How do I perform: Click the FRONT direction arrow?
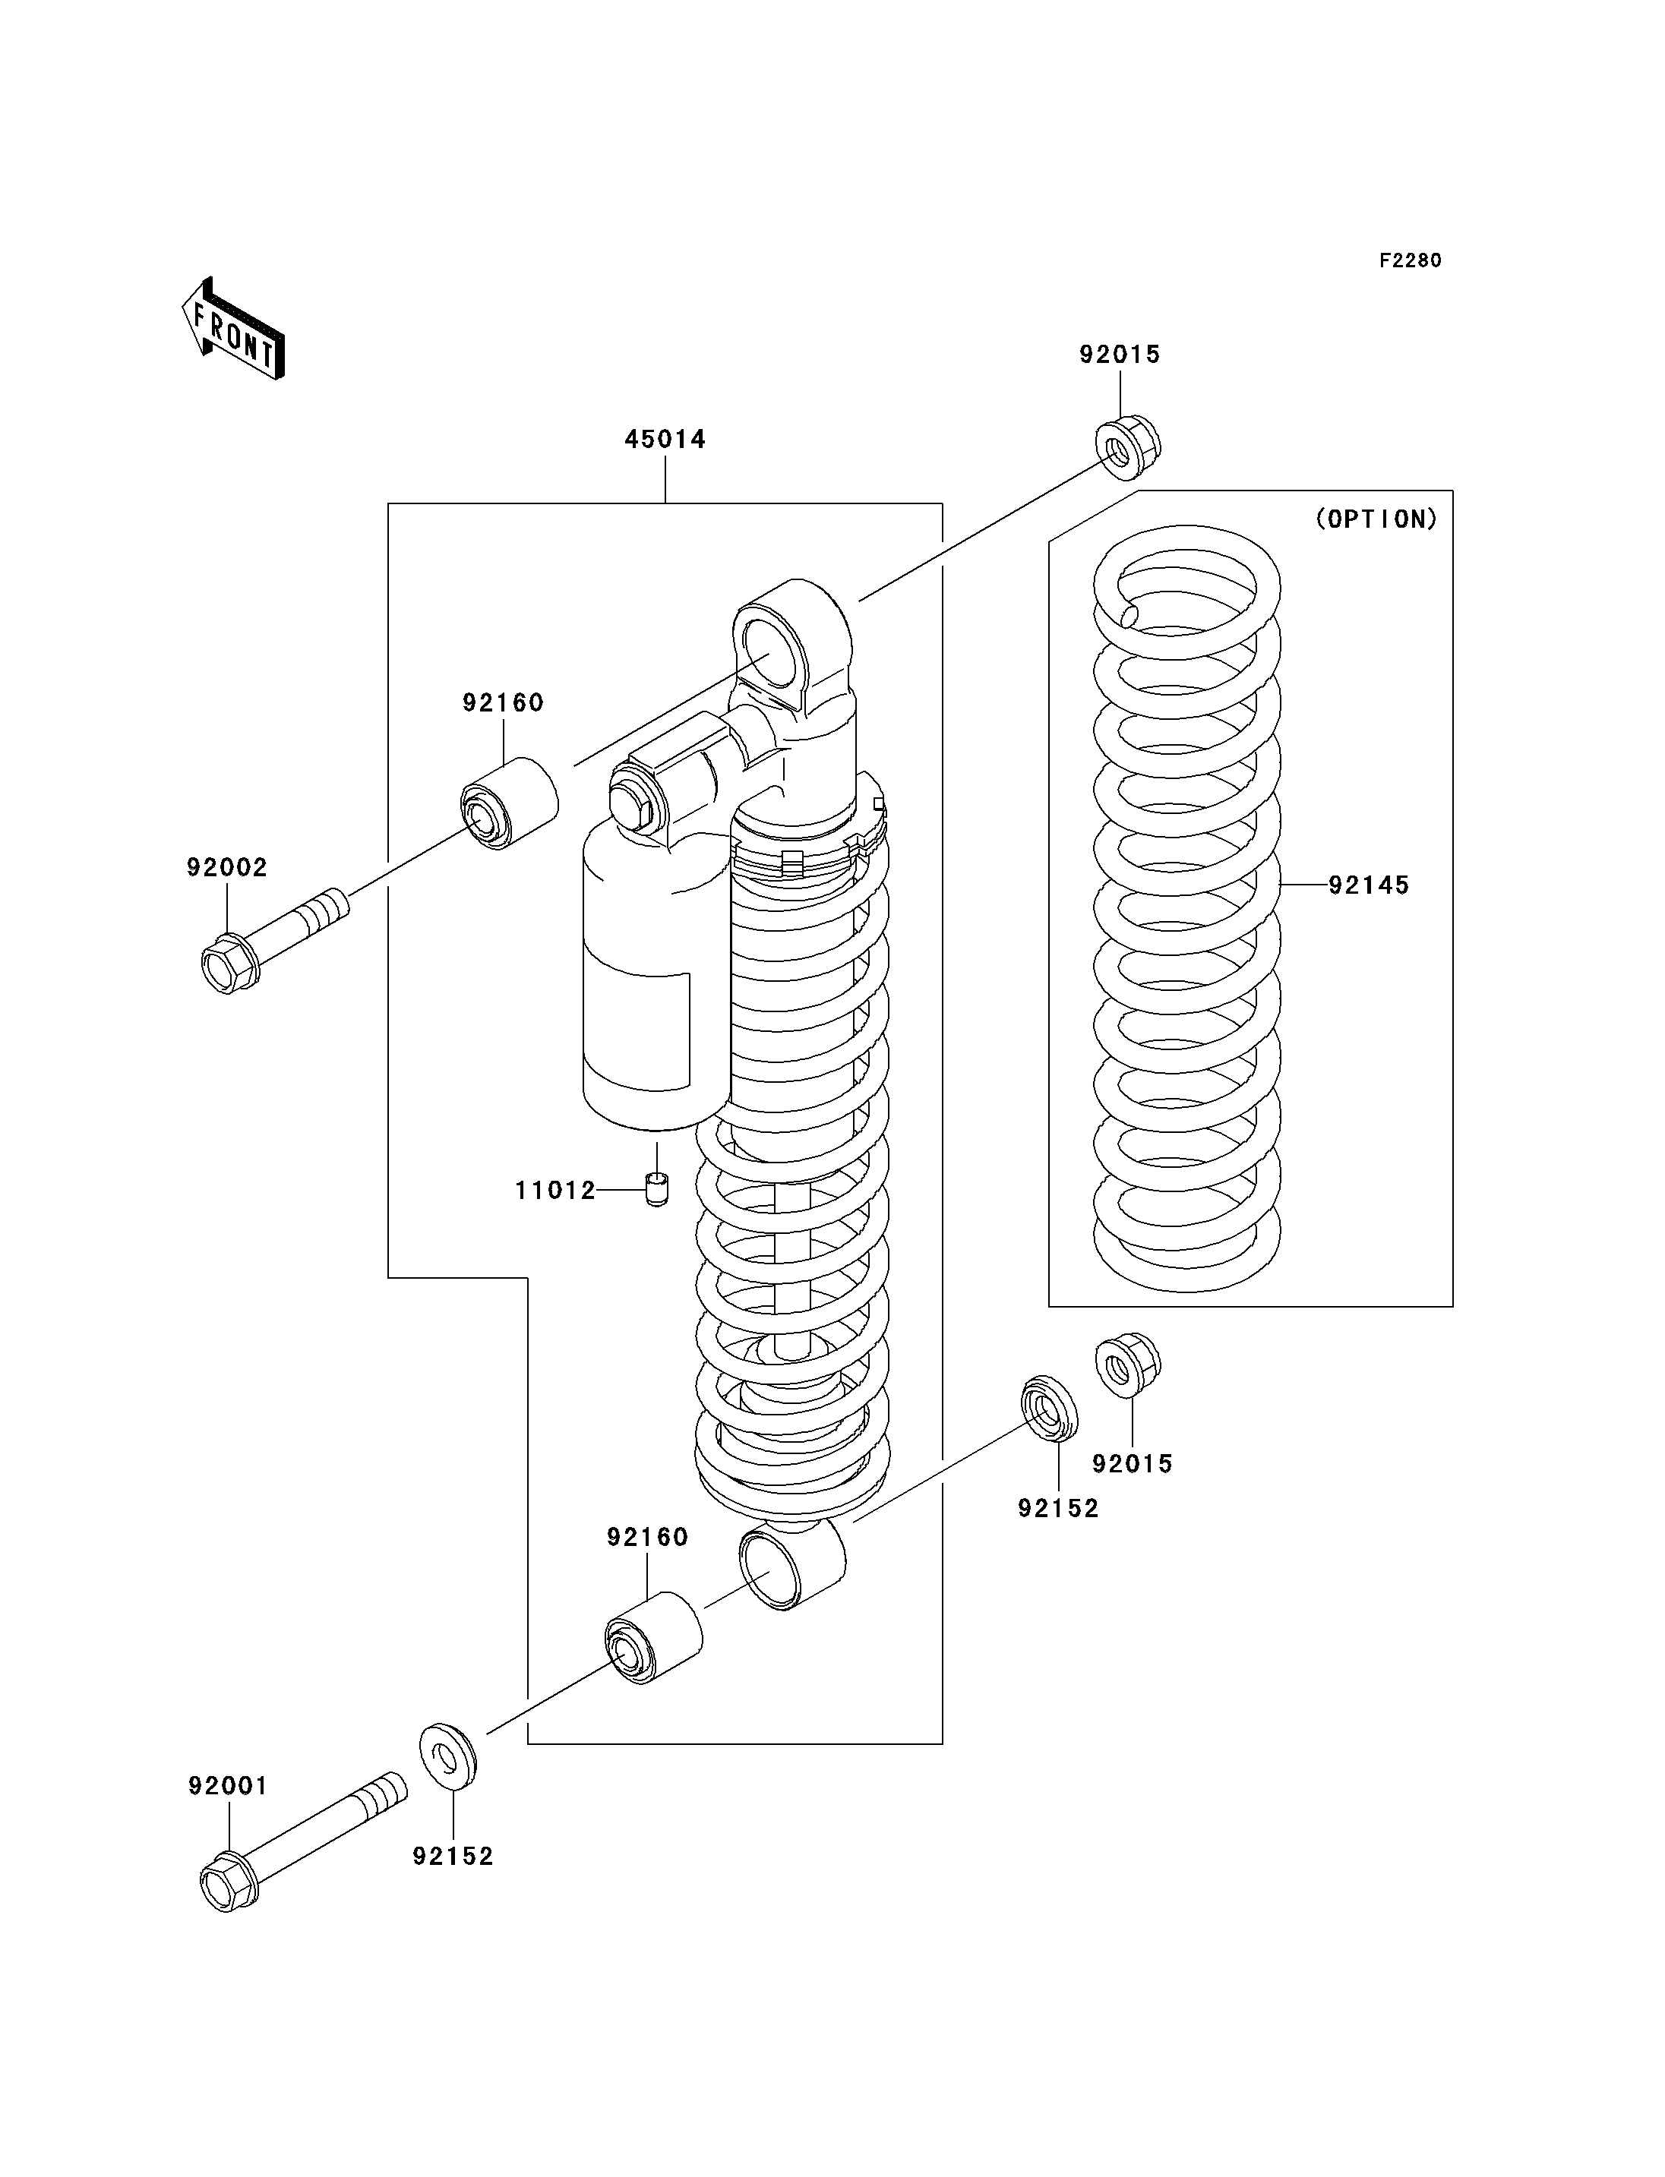(234, 329)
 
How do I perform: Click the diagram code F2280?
(1411, 260)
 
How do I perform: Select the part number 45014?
(665, 439)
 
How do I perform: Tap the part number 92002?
(227, 867)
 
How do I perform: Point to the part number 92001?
(228, 1786)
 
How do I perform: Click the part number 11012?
(555, 1190)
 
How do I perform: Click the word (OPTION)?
(1376, 519)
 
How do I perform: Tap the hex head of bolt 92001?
(229, 1882)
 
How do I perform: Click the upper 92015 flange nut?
(1128, 448)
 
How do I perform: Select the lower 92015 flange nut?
(1128, 1365)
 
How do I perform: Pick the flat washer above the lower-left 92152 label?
(448, 1758)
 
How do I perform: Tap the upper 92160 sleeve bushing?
(510, 803)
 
